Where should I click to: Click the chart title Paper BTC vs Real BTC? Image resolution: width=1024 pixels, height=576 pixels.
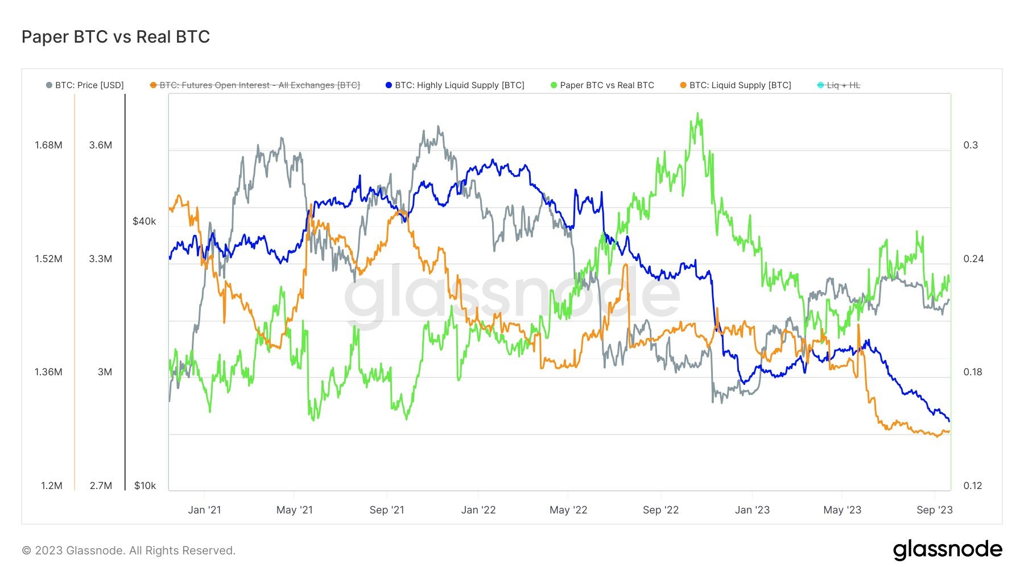point(115,37)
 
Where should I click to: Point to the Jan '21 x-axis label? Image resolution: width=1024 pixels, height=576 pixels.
point(204,510)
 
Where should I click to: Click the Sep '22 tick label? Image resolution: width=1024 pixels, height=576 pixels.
point(660,510)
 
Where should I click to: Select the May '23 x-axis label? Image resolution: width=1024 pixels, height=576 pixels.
point(842,510)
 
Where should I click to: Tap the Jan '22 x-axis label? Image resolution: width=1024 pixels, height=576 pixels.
point(478,510)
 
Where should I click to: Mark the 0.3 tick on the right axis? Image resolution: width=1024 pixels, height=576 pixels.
point(970,145)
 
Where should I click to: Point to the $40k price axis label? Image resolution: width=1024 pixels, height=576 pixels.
point(144,221)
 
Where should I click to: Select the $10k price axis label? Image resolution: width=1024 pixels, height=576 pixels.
point(144,486)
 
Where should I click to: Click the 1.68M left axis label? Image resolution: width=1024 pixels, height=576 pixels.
point(48,145)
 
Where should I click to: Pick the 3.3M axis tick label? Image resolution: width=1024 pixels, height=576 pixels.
point(100,259)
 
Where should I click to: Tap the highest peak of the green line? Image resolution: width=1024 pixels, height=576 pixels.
point(698,114)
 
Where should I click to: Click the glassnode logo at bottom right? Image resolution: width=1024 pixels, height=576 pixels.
point(947,550)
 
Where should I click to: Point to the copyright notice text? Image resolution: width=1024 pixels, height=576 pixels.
point(129,550)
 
